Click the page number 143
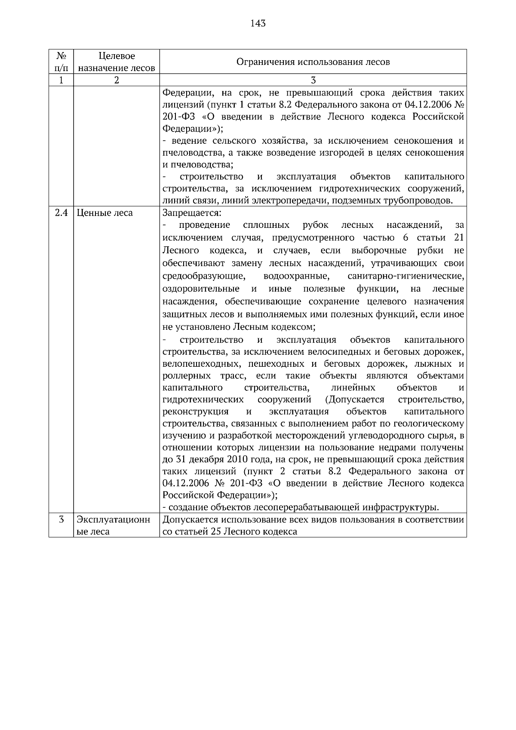(258, 23)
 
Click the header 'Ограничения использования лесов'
(313, 62)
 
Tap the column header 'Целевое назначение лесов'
(117, 62)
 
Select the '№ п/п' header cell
(61, 62)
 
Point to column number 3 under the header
(313, 80)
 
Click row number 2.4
(61, 213)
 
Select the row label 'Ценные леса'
(104, 213)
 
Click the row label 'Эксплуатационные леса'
(113, 525)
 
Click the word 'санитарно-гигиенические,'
(405, 276)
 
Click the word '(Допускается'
(355, 400)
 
